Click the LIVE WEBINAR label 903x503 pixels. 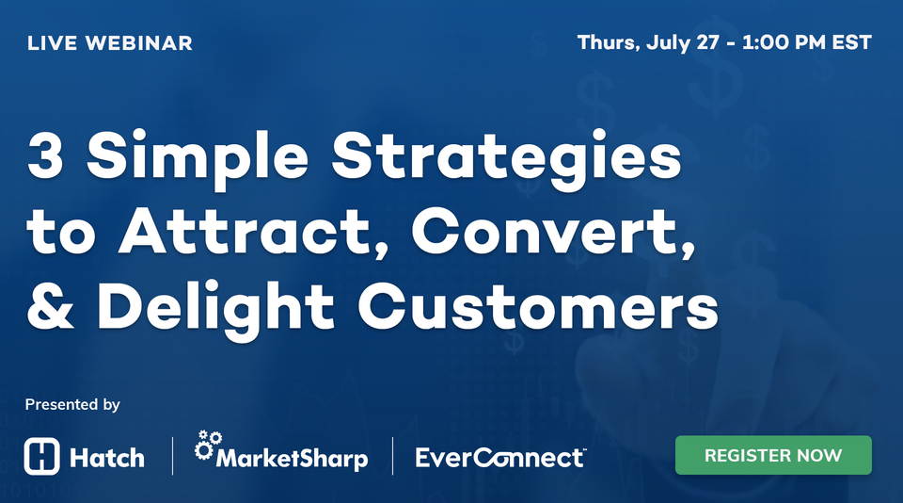point(110,43)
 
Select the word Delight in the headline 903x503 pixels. point(214,307)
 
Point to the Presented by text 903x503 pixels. point(72,405)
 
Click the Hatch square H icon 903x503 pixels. point(42,457)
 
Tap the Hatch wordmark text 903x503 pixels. point(107,458)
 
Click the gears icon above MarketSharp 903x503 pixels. point(207,444)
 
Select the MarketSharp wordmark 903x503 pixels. point(292,460)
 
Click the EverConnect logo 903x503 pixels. point(500,458)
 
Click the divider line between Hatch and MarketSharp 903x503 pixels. point(173,456)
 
